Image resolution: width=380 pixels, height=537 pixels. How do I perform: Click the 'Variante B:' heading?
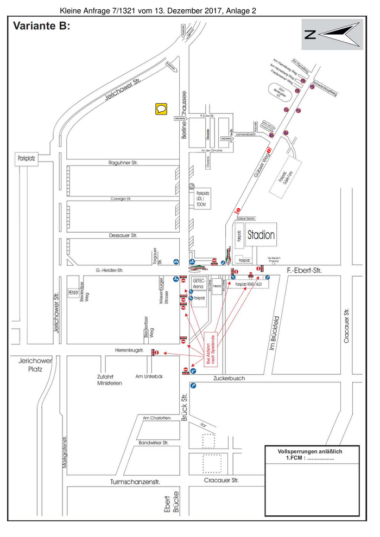pos(41,25)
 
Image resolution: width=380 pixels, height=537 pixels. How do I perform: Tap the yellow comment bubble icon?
pos(161,108)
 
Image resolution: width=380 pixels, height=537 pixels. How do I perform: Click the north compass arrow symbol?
pos(332,34)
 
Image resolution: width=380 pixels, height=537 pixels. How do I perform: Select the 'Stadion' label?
pos(261,235)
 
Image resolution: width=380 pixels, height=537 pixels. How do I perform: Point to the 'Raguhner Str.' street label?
pos(124,162)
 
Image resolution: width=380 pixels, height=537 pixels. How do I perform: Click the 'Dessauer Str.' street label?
pos(123,235)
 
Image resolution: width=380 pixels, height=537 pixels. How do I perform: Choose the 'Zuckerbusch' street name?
pos(230,378)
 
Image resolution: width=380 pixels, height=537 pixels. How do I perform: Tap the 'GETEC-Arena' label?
pos(198,284)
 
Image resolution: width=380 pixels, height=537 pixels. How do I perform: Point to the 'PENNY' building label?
pos(73,293)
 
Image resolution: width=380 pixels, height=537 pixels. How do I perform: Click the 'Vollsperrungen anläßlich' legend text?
pos(310,451)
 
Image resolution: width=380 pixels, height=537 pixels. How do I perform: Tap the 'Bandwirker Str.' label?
pos(155,443)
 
